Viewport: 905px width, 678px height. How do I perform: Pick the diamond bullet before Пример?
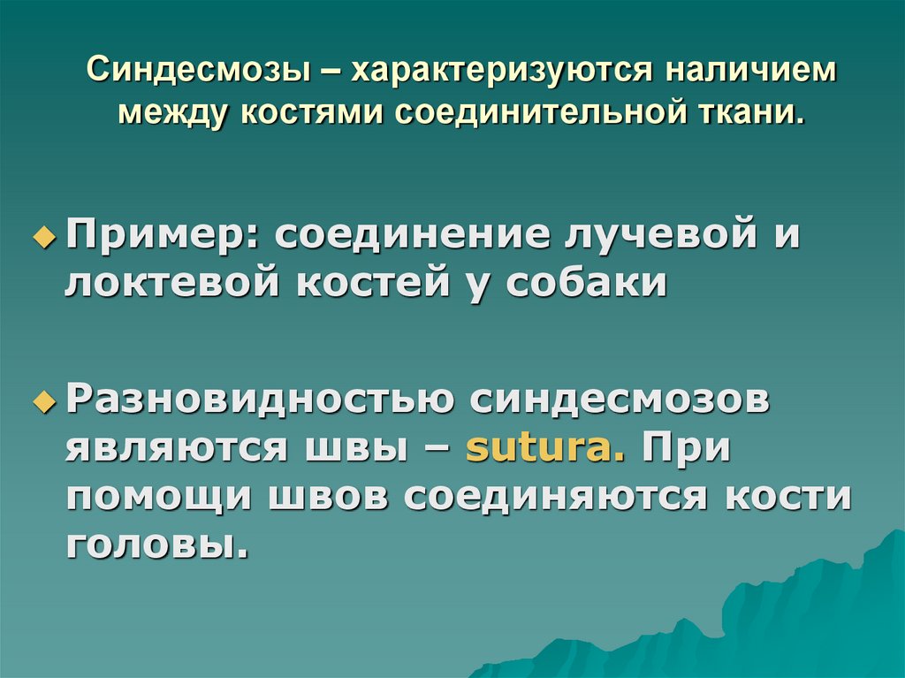pyautogui.click(x=42, y=240)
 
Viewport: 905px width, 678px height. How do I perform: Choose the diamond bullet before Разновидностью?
pyautogui.click(x=42, y=403)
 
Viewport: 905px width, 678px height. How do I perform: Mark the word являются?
pyautogui.click(x=168, y=448)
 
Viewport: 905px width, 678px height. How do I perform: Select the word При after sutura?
pyautogui.click(x=687, y=448)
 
